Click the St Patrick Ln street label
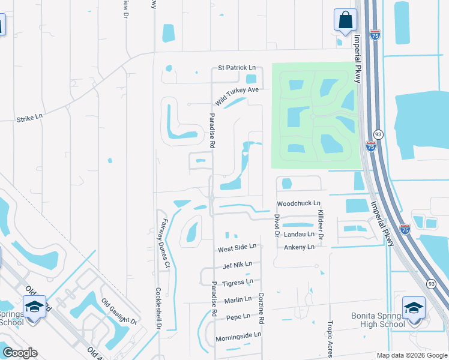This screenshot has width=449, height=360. tap(237, 68)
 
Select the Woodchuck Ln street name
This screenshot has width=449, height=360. tap(298, 204)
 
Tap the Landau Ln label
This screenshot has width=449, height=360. tap(299, 234)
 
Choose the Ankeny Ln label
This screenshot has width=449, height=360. tap(299, 247)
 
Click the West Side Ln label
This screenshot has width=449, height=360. tap(237, 247)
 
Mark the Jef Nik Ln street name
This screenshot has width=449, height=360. tap(237, 264)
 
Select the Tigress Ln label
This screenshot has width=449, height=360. tap(238, 282)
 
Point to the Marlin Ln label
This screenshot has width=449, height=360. tap(238, 299)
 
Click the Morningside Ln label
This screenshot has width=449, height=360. tap(238, 335)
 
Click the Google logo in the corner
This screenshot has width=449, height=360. tap(20, 353)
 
